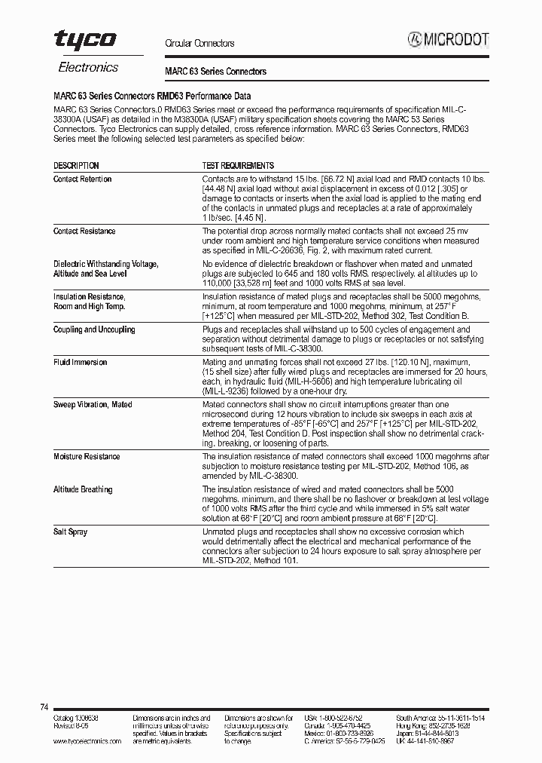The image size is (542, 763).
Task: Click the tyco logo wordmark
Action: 84,41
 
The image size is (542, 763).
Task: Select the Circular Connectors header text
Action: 199,44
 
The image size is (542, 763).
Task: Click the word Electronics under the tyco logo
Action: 88,67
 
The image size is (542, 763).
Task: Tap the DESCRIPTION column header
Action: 76,165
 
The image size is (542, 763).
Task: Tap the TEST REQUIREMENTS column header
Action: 238,165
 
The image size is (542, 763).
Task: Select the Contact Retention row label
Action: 82,179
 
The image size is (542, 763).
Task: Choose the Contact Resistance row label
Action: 84,231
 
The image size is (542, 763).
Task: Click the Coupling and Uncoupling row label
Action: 94,330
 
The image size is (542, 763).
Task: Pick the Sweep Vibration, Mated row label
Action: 92,405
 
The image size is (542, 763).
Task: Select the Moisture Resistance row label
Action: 87,457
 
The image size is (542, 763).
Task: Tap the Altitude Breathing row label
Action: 83,489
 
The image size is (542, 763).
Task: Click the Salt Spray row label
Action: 70,532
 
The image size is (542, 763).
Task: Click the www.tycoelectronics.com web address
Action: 87,741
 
